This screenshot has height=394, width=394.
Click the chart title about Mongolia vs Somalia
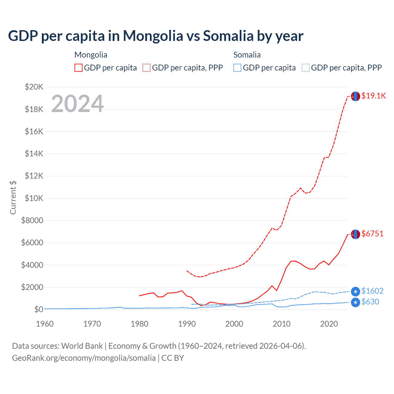pos(156,36)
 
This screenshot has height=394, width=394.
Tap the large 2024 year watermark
pos(77,104)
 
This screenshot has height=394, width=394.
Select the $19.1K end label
pos(373,96)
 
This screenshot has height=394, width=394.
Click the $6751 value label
pos(372,234)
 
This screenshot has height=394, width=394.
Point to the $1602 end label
pos(372,291)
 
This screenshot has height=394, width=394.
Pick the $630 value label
pos(370,302)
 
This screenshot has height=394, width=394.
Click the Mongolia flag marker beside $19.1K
pos(356,96)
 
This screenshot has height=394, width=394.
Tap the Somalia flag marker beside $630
pos(356,302)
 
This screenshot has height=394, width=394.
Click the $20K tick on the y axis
pos(34,87)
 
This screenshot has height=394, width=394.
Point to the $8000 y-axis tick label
pos(32,220)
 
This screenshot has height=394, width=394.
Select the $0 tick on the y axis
pos(38,309)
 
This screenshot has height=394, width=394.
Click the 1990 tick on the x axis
pos(187,324)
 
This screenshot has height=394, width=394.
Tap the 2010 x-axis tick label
pos(282,324)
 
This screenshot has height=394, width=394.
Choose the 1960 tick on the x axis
pos(45,324)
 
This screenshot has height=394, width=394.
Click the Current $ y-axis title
pos(13,198)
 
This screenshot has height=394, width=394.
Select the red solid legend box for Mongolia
pos(78,68)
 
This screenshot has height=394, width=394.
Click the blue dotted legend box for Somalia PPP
pos(306,68)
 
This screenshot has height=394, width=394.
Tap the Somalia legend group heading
pos(247,55)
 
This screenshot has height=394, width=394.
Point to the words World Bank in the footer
pos(82,346)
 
